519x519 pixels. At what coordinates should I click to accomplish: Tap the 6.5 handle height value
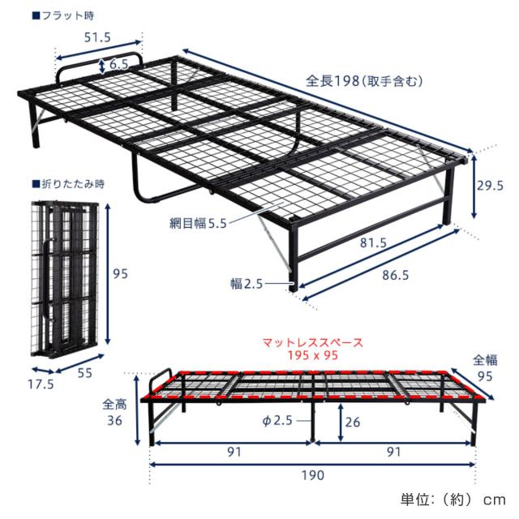pos(119,65)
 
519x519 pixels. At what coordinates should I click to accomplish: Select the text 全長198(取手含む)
pos(365,81)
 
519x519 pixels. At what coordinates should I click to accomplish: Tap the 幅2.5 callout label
pos(247,284)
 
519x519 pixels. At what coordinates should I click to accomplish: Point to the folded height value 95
pos(121,274)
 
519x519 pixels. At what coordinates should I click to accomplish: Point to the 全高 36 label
pos(115,412)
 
